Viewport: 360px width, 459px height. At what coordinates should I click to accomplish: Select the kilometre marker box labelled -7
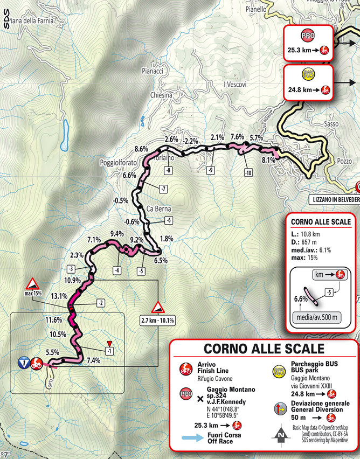(163, 188)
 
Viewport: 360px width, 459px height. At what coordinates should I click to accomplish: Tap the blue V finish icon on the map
(23, 362)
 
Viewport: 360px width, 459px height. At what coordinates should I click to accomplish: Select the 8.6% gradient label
(142, 149)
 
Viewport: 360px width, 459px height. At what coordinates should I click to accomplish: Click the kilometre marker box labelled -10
(248, 173)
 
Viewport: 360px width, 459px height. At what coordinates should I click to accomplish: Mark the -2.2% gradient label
(191, 141)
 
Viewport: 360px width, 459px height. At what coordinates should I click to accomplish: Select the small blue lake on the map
(65, 134)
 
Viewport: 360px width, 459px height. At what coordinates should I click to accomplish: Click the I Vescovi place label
(235, 84)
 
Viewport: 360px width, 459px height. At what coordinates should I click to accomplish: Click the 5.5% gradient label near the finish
(53, 352)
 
